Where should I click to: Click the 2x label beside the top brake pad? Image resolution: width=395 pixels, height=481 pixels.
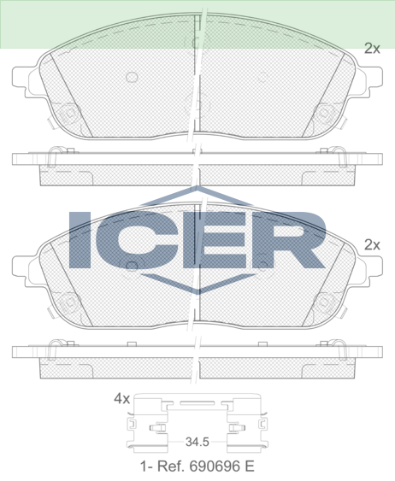pos(372,49)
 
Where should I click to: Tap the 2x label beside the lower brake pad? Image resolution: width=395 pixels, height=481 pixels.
pos(372,245)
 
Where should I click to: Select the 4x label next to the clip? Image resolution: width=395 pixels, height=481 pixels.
pos(122,398)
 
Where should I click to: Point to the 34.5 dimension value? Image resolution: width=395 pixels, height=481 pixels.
pos(197,442)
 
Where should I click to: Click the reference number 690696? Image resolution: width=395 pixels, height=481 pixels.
pos(214,466)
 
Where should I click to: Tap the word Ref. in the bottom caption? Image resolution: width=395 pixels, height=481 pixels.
pos(171,466)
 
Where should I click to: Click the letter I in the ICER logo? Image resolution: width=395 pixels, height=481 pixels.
pos(80,239)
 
